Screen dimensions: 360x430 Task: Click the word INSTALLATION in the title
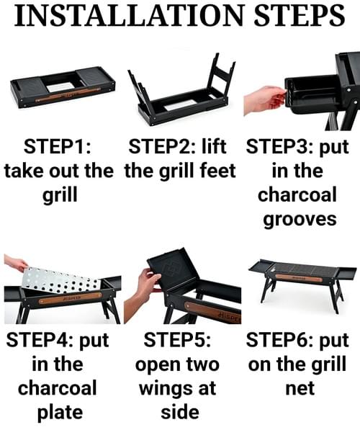[129, 15]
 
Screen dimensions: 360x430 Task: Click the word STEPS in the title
[300, 15]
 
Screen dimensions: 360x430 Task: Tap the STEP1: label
[58, 147]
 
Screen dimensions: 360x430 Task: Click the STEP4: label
[40, 340]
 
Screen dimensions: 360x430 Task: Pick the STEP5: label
[177, 340]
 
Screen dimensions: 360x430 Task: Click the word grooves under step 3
[300, 220]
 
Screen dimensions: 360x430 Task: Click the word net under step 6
[300, 389]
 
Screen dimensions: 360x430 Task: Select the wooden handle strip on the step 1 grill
[68, 94]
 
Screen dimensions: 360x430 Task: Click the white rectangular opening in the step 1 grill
[60, 87]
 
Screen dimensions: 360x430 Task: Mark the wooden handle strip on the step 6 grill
[299, 278]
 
